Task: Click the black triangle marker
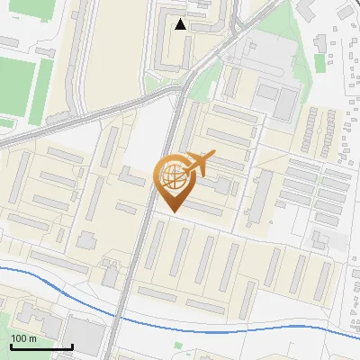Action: pyautogui.click(x=181, y=24)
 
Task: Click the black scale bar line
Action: pyautogui.click(x=41, y=346)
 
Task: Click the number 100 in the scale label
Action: pyautogui.click(x=18, y=338)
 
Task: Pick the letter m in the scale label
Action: pyautogui.click(x=31, y=338)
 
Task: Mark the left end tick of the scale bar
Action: pyautogui.click(x=11, y=345)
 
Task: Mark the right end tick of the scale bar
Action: pyautogui.click(x=72, y=345)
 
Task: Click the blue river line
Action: pyautogui.click(x=225, y=322)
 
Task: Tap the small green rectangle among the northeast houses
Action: pyautogui.click(x=319, y=66)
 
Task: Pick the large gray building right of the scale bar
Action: pyautogui.click(x=86, y=335)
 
